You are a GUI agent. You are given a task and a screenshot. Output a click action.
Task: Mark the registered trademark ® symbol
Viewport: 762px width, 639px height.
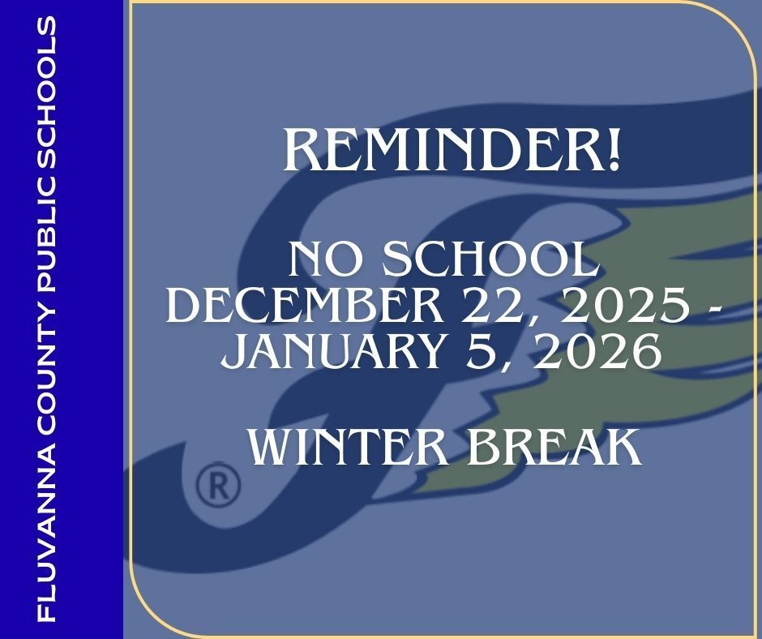(x=219, y=486)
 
